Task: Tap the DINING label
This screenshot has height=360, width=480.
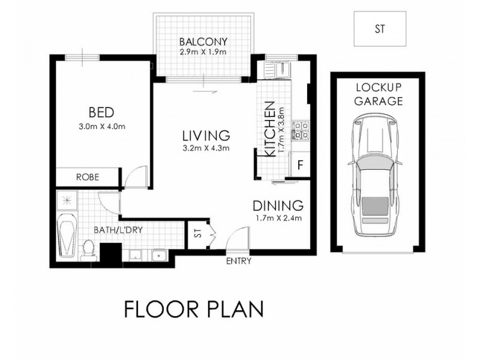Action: pyautogui.click(x=278, y=205)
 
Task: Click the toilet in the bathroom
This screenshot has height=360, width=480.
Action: pyautogui.click(x=88, y=248)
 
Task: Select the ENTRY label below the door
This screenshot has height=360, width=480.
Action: pyautogui.click(x=238, y=261)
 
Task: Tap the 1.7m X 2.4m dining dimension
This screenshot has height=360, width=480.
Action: pyautogui.click(x=277, y=217)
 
